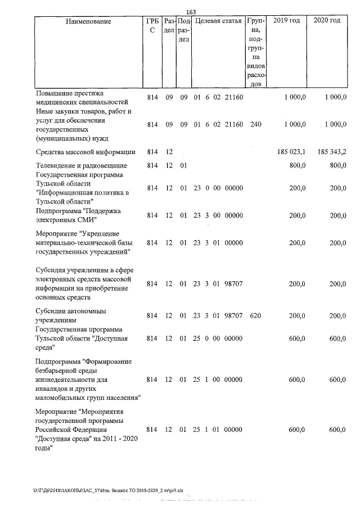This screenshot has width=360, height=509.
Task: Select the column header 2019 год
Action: point(286,21)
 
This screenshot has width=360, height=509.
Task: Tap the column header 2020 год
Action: point(327,21)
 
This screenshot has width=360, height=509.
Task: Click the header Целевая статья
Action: point(218,21)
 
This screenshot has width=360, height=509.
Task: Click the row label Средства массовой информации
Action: point(85,152)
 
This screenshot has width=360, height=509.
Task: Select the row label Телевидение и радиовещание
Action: point(82,166)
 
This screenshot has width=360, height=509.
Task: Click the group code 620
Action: point(255,316)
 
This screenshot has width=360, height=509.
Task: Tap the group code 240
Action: point(255,124)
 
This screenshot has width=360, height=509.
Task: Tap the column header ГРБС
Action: point(151,26)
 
